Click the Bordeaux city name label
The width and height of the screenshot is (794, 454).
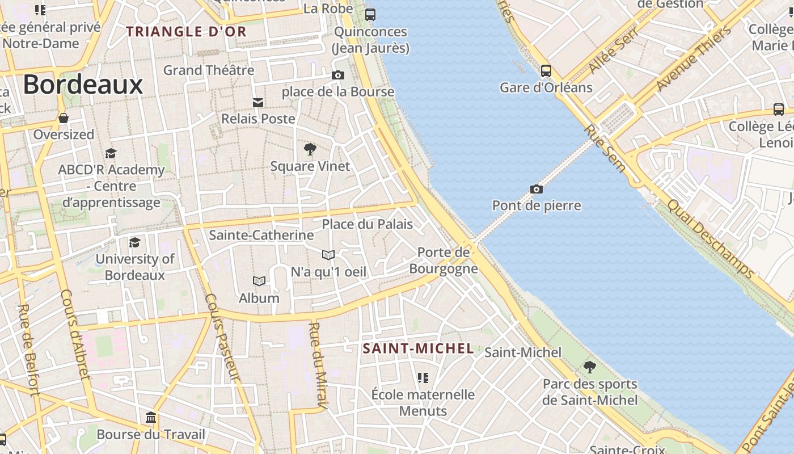coord(83,85)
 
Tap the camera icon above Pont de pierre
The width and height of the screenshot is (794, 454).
coord(536,189)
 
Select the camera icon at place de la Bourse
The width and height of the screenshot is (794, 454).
coord(337,75)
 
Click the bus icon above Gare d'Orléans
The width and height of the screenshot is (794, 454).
coord(546,71)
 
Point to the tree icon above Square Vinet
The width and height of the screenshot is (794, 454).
coord(310,150)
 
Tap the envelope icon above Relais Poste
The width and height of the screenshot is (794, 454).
coord(258,102)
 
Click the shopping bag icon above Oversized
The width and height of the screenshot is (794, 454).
coord(64,118)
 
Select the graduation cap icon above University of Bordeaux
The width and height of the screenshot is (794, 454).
coord(134,243)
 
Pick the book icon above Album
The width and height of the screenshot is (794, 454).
coord(259,281)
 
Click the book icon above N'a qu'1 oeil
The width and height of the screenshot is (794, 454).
coord(328,255)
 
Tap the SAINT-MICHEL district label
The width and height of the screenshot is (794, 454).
coord(418,348)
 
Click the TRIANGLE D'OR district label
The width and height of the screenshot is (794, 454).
coord(186,32)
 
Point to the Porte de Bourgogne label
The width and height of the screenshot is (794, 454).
coord(444,260)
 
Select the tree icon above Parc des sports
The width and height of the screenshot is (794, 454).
coord(590,367)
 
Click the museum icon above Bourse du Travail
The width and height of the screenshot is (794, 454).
coord(151,418)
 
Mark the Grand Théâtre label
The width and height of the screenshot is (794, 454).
coord(209,70)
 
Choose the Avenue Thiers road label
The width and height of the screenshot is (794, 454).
coord(694,59)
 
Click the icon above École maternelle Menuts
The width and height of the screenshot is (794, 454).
coord(423,377)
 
